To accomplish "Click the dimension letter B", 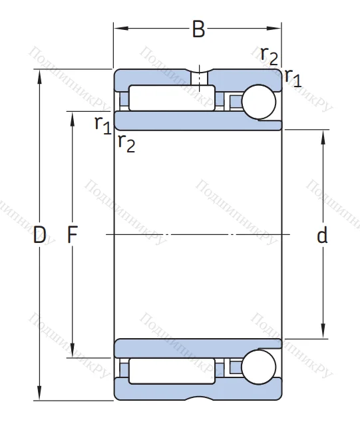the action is (x=198, y=29).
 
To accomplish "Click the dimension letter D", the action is (x=39, y=235).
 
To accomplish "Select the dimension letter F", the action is (x=73, y=235).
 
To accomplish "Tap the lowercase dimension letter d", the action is (x=322, y=235).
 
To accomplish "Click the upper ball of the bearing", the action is (x=259, y=102).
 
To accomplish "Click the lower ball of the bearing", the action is (x=259, y=367).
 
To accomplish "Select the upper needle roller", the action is (x=172, y=98).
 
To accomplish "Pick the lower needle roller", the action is (x=172, y=371).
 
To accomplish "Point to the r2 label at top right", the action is (x=270, y=56).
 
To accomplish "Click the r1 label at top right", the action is (x=293, y=78).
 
